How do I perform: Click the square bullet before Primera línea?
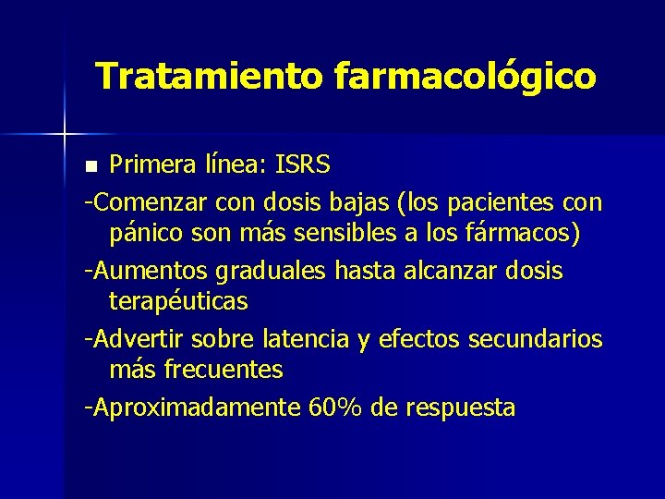(x=90, y=167)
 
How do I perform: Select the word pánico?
(x=147, y=235)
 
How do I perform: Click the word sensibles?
(x=347, y=234)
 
